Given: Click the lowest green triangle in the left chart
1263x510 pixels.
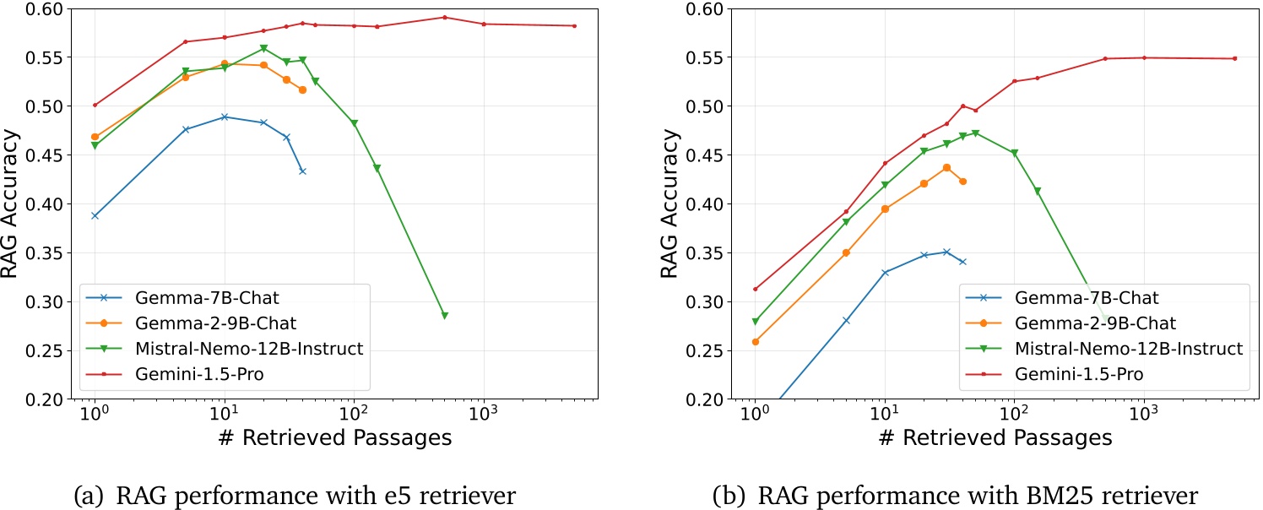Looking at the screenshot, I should point(444,315).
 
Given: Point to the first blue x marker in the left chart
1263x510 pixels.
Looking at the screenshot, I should point(95,215).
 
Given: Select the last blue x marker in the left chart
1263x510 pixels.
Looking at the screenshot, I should point(302,171).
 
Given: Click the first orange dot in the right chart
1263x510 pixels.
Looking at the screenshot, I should point(755,342).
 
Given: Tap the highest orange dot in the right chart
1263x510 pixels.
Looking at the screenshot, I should point(946,167).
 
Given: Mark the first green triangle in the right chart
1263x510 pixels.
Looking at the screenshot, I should point(755,322).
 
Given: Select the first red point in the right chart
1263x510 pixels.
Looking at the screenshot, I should point(755,289).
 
